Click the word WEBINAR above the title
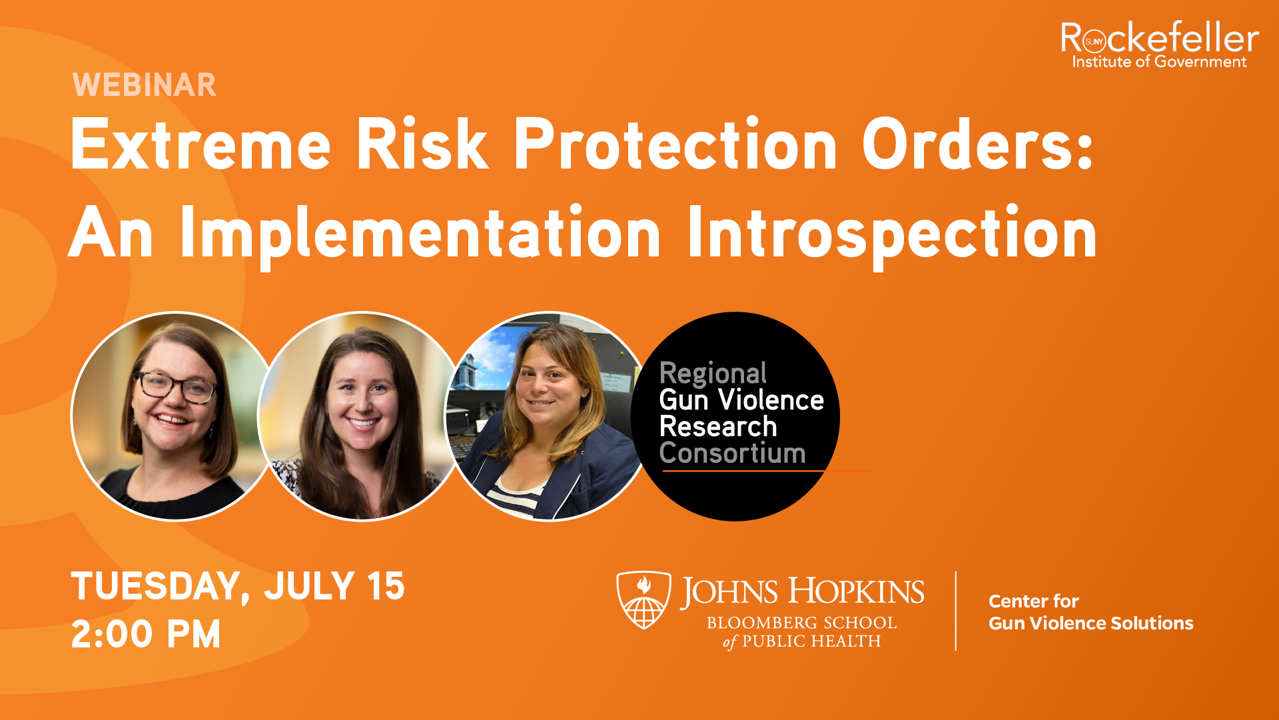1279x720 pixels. [145, 85]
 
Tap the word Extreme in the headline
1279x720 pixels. [201, 145]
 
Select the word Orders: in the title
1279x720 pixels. [978, 145]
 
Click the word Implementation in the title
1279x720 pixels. [420, 233]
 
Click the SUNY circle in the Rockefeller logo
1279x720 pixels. [1094, 41]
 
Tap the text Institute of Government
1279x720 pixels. [1159, 62]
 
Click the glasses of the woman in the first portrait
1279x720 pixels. [176, 386]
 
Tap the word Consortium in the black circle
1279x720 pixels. [732, 453]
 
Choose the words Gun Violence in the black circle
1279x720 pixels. [741, 400]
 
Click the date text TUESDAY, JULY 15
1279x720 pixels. [238, 587]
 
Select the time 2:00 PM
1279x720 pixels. [146, 634]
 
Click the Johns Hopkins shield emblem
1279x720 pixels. [643, 599]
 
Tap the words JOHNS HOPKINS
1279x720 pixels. [802, 592]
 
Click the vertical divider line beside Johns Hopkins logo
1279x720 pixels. [956, 611]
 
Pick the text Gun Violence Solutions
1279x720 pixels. [1090, 623]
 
